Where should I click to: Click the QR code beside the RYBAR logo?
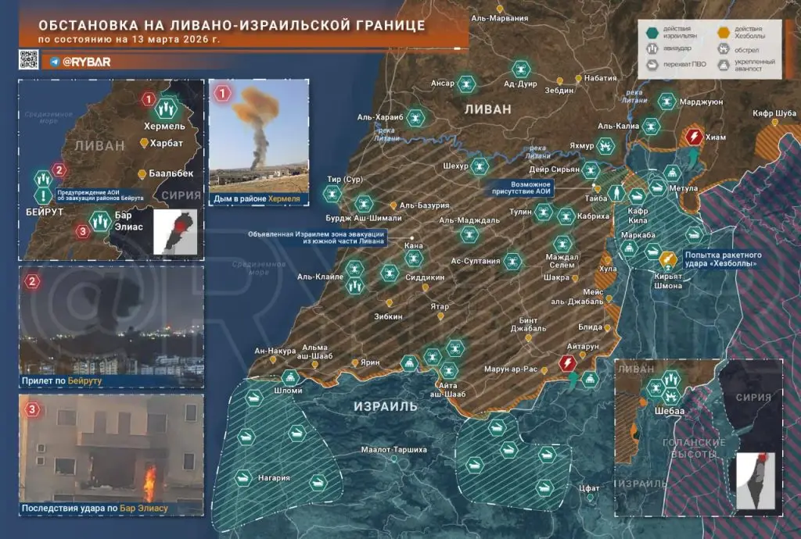[30, 59]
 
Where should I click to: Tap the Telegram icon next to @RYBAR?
[55, 60]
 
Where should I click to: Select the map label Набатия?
[601, 78]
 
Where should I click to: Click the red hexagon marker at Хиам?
[693, 138]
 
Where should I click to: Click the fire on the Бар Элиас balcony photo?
[149, 477]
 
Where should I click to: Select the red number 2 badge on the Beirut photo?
[32, 280]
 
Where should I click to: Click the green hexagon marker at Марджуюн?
[666, 100]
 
